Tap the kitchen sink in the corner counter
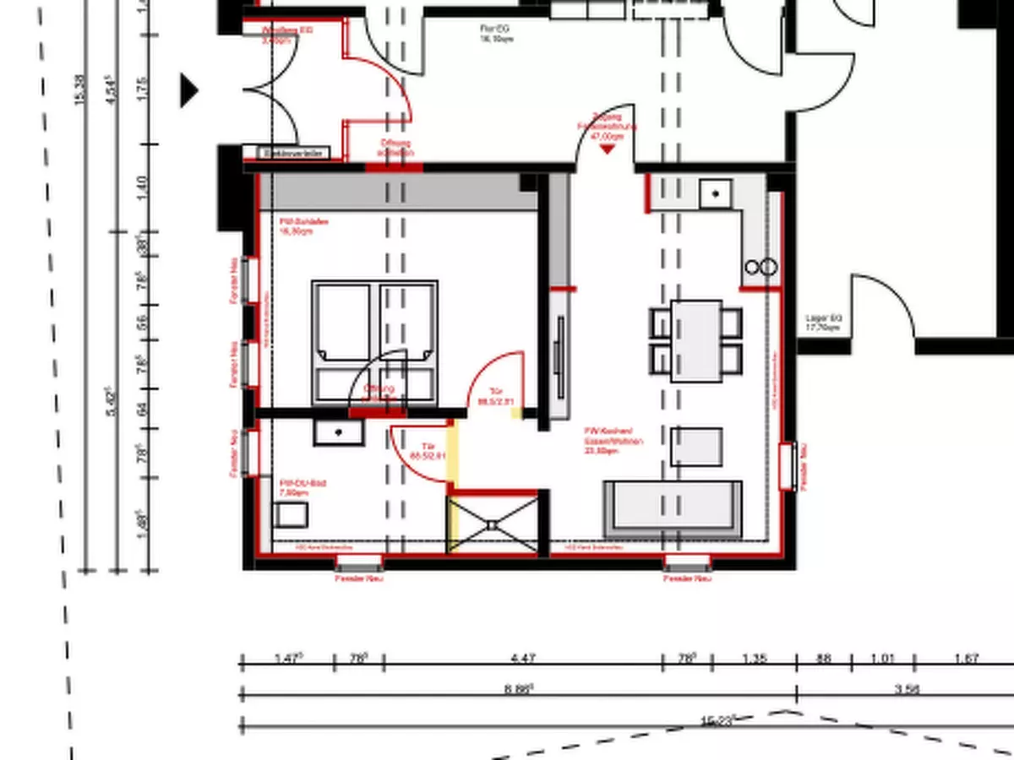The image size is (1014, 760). pyautogui.click(x=716, y=195)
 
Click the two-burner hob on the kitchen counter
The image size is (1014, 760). pyautogui.click(x=760, y=268)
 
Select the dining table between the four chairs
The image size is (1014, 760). pyautogui.click(x=696, y=341)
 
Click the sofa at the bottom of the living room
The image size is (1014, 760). pyautogui.click(x=673, y=508)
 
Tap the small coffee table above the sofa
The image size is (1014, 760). pyautogui.click(x=696, y=447)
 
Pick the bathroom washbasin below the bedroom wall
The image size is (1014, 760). pyautogui.click(x=339, y=432)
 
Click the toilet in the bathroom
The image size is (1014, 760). pyautogui.click(x=291, y=513)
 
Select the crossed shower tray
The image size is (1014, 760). pyautogui.click(x=493, y=524)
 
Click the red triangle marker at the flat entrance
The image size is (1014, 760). pyautogui.click(x=607, y=149)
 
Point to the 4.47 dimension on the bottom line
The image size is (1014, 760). pyautogui.click(x=523, y=659)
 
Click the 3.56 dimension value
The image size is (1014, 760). pyautogui.click(x=906, y=690)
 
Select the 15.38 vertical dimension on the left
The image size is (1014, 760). pyautogui.click(x=81, y=90)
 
